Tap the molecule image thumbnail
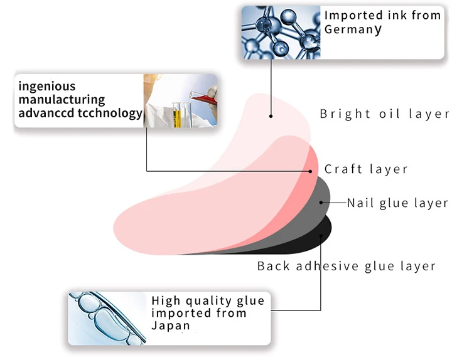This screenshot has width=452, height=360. point(281,33)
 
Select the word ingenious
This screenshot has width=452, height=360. point(47,87)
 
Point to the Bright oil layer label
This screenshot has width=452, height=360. point(385,114)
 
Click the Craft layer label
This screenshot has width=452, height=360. point(366,169)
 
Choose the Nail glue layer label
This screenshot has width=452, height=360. point(398,203)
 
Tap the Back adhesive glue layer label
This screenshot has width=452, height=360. point(347,266)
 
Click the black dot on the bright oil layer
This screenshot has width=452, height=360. point(271,115)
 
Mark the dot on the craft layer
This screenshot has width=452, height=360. point(311,170)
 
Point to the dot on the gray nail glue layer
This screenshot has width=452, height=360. point(321,203)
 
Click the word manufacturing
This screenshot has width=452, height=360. point(62,100)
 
